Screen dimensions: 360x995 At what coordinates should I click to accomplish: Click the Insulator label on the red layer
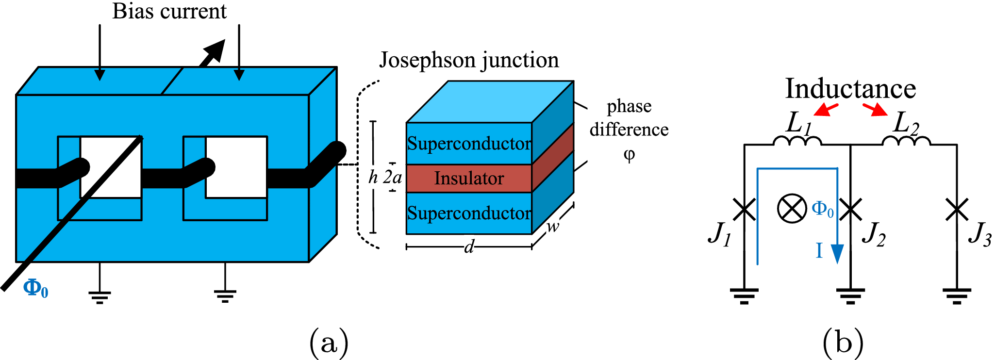(x=468, y=179)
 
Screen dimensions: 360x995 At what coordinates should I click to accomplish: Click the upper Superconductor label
(x=469, y=144)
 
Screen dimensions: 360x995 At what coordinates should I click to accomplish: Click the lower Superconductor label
(x=469, y=213)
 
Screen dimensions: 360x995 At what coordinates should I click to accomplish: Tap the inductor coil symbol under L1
(x=797, y=141)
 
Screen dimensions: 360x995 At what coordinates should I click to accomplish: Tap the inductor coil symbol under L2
(x=906, y=141)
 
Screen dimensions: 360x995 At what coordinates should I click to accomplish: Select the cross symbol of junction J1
(x=744, y=210)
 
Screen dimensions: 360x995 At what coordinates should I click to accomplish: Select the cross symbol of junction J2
(x=850, y=210)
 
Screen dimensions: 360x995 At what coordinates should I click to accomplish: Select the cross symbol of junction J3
(x=957, y=210)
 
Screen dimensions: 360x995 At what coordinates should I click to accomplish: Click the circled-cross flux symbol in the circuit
(x=792, y=209)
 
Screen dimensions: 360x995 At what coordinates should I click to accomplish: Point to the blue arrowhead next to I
(x=837, y=254)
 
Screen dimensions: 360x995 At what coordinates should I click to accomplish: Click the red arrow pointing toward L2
(x=875, y=110)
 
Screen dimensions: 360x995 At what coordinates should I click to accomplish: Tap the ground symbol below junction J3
(x=957, y=295)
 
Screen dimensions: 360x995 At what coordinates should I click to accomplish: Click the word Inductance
(x=850, y=88)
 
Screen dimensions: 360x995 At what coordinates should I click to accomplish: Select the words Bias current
(x=169, y=12)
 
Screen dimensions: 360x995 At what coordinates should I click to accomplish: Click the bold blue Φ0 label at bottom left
(x=35, y=288)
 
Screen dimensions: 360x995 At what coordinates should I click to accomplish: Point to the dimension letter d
(x=468, y=247)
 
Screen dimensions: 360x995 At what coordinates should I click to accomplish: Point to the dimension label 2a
(x=392, y=178)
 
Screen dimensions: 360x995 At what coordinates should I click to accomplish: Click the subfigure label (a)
(x=329, y=343)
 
